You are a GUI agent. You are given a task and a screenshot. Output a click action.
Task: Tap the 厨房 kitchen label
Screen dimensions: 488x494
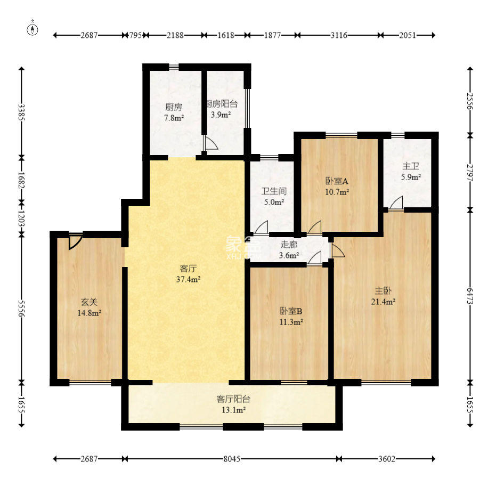174,108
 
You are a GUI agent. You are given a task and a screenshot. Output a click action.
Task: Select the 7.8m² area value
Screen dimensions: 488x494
174,118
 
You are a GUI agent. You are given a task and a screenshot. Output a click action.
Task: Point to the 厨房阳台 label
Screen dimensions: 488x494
222,104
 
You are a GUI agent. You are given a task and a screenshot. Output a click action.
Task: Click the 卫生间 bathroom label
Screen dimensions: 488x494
274,191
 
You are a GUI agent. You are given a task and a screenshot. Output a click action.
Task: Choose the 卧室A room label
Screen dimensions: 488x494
337,181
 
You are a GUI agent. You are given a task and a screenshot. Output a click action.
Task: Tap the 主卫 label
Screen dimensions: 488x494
411,166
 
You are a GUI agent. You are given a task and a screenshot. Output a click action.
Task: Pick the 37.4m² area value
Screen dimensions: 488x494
189,279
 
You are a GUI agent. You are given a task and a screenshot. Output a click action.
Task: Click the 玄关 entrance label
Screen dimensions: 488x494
89,302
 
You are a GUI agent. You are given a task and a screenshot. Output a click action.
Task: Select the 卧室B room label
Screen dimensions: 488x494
291,311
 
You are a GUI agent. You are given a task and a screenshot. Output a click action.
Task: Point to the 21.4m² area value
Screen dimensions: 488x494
383,302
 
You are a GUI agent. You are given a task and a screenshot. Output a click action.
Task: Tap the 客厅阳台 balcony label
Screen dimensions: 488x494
233,399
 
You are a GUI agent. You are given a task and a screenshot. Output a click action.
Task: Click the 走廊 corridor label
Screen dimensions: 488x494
289,245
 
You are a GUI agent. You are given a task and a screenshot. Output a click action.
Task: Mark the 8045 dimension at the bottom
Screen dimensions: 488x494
232,459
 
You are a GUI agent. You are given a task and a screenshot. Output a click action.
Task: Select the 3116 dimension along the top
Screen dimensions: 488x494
339,35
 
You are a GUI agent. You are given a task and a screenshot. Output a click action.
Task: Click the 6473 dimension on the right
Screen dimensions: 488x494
470,296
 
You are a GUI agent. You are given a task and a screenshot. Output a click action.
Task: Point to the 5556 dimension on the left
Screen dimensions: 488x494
21,308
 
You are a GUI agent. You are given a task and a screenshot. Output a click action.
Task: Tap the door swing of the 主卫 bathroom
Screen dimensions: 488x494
396,203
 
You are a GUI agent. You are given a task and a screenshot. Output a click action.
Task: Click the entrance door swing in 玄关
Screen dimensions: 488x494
75,241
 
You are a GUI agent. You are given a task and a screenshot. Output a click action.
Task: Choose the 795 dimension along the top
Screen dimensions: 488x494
135,35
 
